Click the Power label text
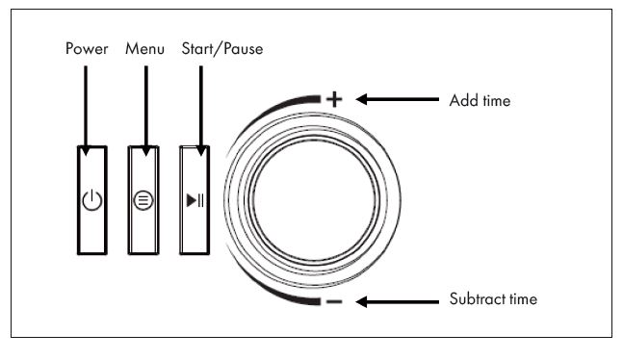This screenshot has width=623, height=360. coord(87,47)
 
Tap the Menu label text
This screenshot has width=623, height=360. coord(144,47)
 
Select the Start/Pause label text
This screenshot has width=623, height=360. coord(221,47)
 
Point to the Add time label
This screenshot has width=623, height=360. coord(480,99)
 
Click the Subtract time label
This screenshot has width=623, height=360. coord(493,299)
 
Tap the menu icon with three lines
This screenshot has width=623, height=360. coord(144,201)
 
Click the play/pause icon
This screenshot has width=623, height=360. coord(195,201)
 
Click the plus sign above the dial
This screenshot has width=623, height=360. coord(334,98)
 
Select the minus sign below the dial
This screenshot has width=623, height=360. coord(333,302)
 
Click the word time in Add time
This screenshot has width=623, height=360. coord(493,99)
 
